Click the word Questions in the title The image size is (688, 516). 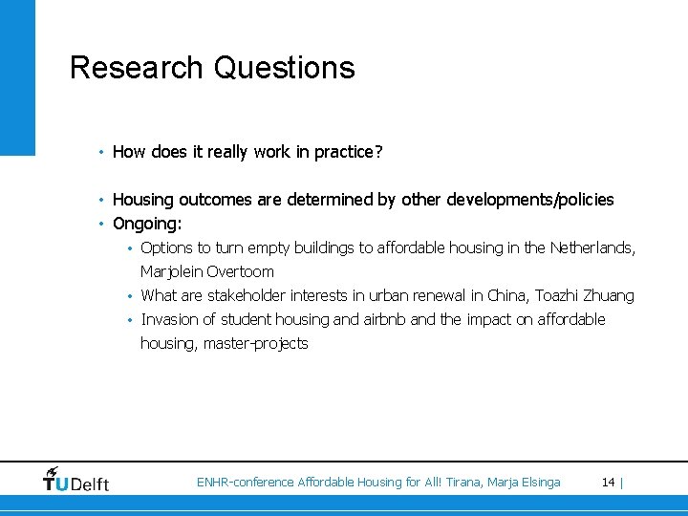(285, 68)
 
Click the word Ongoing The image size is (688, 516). (146, 224)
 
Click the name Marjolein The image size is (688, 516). (171, 271)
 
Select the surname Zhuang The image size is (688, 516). (610, 295)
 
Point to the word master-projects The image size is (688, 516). (255, 343)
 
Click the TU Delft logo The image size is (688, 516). (75, 480)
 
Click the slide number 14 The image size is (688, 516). (608, 483)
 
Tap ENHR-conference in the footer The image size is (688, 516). (245, 483)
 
